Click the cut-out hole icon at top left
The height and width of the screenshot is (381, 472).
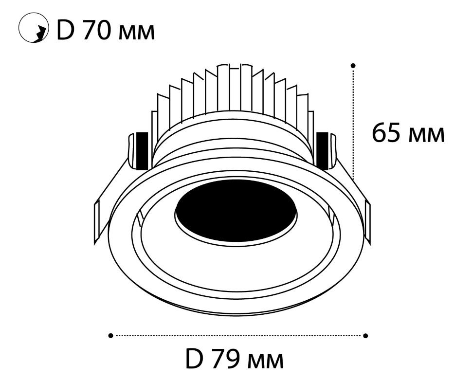coord(34,28)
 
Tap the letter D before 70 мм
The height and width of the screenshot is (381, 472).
coord(65,30)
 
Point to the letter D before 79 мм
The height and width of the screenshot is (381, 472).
coord(193,359)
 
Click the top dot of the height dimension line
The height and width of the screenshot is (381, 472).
coord(353,65)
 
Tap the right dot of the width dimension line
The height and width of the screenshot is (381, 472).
coord(366,336)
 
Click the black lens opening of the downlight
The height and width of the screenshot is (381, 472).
coord(236,210)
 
